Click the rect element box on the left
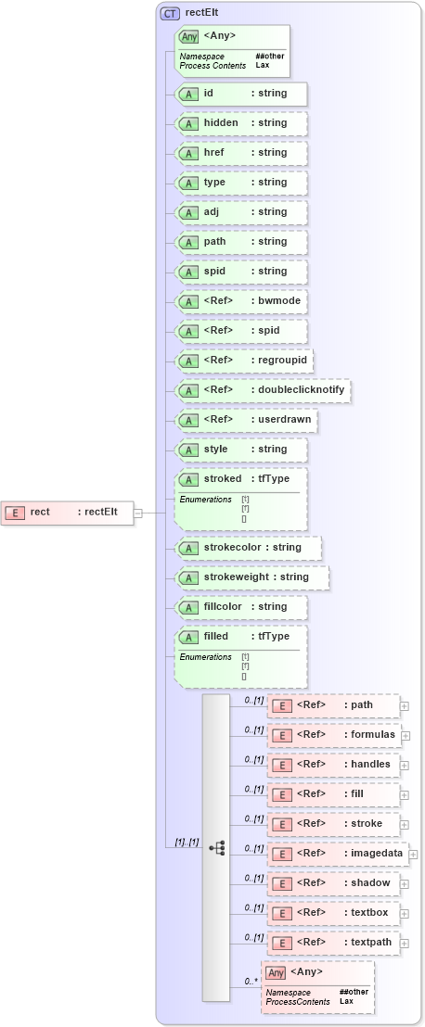pos(68,512)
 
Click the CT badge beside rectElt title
pos(170,13)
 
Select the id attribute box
pos(241,94)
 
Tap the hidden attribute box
pos(241,123)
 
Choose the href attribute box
pos(241,153)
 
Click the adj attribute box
pos(241,212)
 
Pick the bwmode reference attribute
pos(241,301)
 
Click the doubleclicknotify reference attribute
pos(263,390)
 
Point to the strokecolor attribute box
pos(249,548)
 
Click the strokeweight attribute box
pos(252,577)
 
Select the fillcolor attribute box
pos(241,607)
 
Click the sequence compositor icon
pos(216,847)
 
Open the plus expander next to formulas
pos(406,735)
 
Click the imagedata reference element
pos(338,854)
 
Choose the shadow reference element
pos(334,883)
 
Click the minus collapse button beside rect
pos(137,512)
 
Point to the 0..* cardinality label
pos(251,981)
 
